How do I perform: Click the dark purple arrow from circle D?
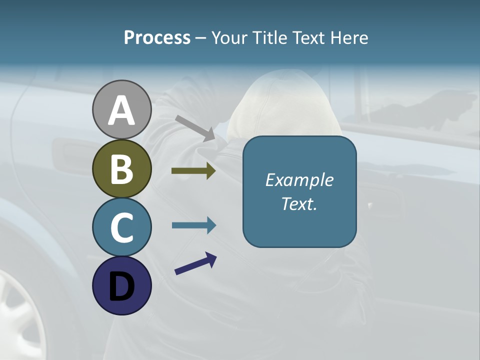[x=195, y=264]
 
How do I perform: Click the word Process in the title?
[x=157, y=38]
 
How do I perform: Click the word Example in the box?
[x=299, y=180]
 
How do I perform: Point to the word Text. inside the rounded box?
[x=299, y=203]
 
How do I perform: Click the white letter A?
[x=121, y=110]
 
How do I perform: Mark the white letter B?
[x=121, y=169]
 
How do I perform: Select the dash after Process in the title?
[x=201, y=38]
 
